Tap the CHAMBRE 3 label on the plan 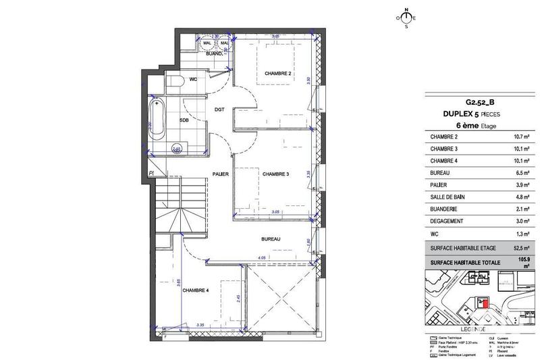click(x=275, y=174)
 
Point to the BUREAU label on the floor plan click(x=272, y=240)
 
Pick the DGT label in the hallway click(x=219, y=109)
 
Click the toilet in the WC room click(x=174, y=82)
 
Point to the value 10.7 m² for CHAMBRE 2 click(x=520, y=137)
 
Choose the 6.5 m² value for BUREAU click(x=522, y=173)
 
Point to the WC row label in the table click(x=435, y=234)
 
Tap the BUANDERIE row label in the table click(x=448, y=209)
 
